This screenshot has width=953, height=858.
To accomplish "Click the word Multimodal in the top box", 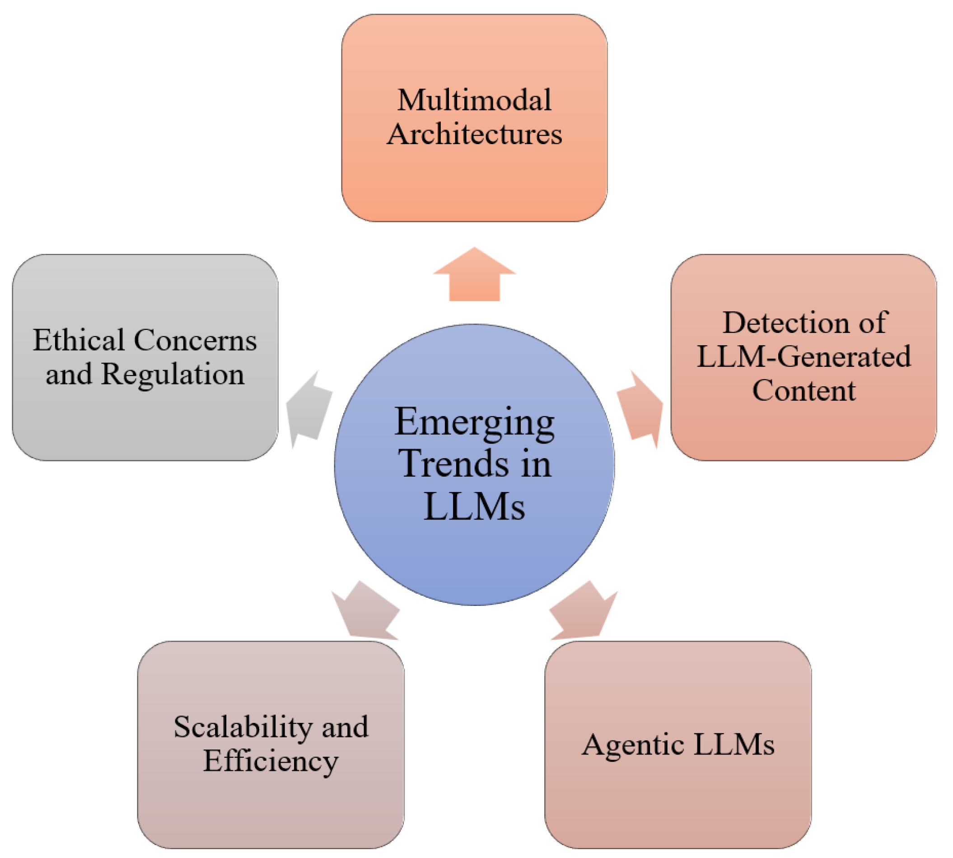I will pos(474,100).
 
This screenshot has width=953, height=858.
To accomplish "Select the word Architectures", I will pos(474,134).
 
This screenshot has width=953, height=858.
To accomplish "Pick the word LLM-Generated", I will pos(804,356).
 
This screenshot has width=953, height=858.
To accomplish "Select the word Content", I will pos(804,390).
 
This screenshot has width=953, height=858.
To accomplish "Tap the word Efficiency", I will pos(271,761).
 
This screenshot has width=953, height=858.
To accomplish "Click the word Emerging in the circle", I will pos(474,422).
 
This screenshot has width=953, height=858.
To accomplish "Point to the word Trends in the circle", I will pos(453,464).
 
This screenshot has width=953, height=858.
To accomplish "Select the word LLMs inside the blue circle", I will pos(474,506).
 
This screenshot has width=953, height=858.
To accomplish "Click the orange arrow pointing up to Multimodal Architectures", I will pos(474,276).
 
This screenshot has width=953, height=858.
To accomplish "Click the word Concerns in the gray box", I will pos(195,340).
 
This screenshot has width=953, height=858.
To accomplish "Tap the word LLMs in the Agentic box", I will pos(734,745).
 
